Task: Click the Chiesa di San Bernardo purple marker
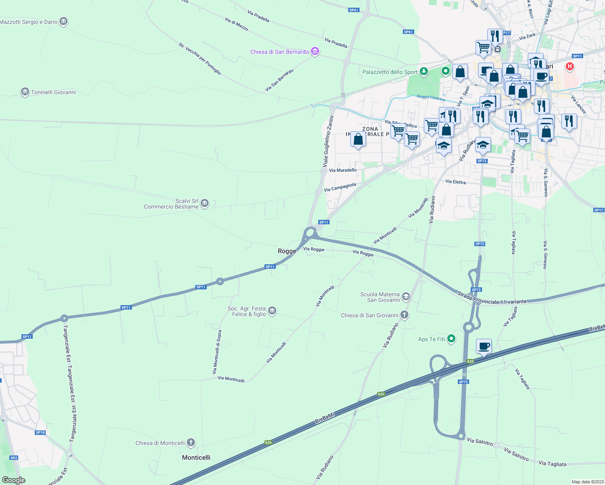(315, 51)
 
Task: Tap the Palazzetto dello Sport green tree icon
(423, 72)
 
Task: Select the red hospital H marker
(569, 66)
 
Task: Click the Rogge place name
(287, 251)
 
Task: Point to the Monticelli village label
(196, 458)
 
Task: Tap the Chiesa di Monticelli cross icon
(191, 443)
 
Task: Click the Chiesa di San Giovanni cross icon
(404, 315)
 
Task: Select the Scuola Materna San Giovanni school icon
(406, 297)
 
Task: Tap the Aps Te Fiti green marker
(451, 339)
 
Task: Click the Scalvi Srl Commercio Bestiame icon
(205, 203)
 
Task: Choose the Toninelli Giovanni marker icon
(25, 92)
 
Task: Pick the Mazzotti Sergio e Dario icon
(63, 22)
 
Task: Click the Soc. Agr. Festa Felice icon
(272, 311)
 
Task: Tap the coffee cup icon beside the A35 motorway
(484, 346)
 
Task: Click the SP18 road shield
(40, 432)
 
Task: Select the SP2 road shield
(14, 458)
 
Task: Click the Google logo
(14, 480)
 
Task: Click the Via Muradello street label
(343, 170)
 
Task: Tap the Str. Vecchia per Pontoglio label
(200, 59)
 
